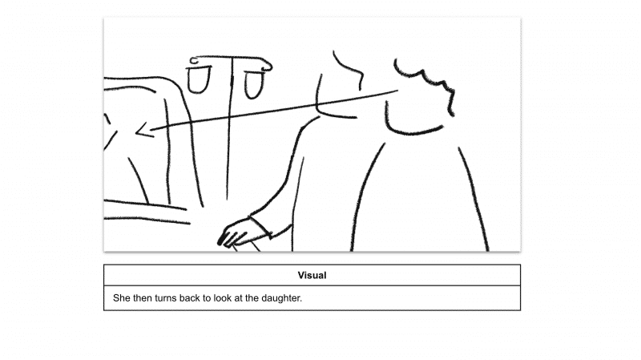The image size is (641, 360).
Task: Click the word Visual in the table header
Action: pyautogui.click(x=312, y=276)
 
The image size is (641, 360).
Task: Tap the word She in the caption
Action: pyautogui.click(x=122, y=299)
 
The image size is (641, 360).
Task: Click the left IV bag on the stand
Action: pyautogui.click(x=198, y=79)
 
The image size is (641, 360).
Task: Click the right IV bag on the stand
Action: pyautogui.click(x=255, y=83)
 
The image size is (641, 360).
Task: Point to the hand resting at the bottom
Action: pyautogui.click(x=236, y=233)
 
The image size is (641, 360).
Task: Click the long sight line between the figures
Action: pyautogui.click(x=272, y=111)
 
